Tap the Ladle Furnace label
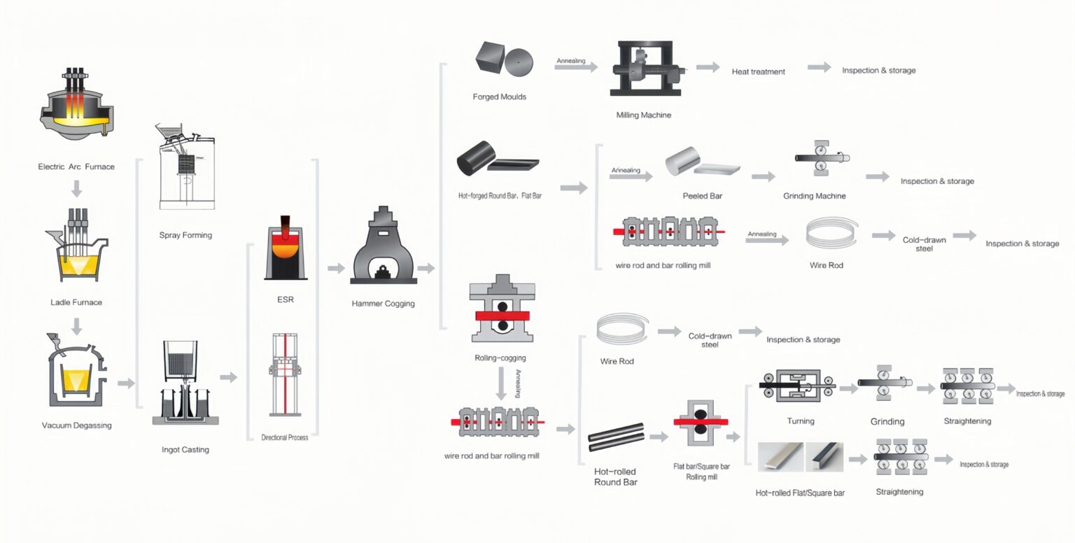[76, 302]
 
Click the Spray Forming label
[185, 235]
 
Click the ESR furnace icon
[286, 248]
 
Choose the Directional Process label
[285, 437]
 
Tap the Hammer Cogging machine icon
[383, 248]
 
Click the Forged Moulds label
[500, 97]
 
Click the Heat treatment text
[758, 71]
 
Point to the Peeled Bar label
[702, 196]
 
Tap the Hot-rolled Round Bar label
[615, 477]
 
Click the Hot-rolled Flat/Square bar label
[800, 493]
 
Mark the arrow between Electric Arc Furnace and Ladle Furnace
[76, 188]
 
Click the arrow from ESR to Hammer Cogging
[336, 268]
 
